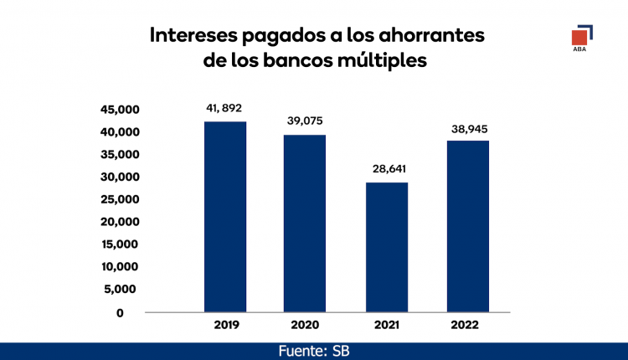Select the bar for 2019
coord(225,217)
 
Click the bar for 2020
coord(305,224)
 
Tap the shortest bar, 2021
coord(387,247)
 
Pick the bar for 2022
coord(468,226)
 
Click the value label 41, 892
coord(224,108)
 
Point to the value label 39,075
coord(305,121)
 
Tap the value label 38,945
coord(467,129)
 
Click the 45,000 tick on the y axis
coord(119,110)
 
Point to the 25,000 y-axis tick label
coord(119,199)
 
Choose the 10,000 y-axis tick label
coord(119,267)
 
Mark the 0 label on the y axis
coord(120,312)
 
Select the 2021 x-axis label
coord(386,326)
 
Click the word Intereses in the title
coord(192,36)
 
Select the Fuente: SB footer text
coord(313,350)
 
